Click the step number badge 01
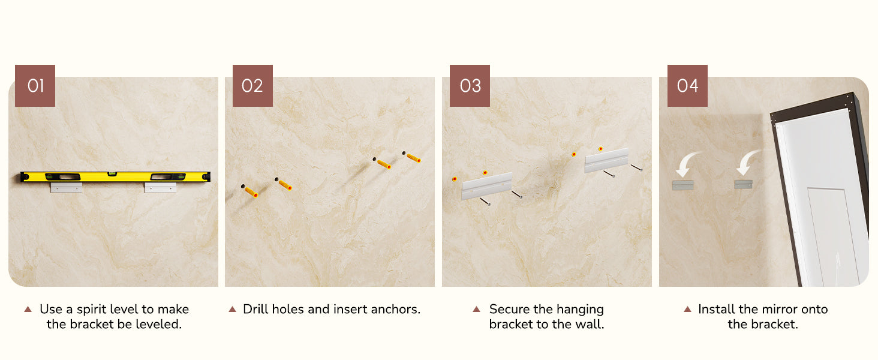pos(35,85)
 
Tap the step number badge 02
pos(252,85)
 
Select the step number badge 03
pos(470,85)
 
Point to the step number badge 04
pos(687,85)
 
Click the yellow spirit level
pos(115,177)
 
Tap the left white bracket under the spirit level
pos(66,187)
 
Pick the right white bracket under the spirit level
pos(160,187)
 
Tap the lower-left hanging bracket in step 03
pos(487,186)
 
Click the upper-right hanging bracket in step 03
pos(606,160)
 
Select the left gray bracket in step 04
pos(683,185)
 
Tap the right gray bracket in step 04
pos(743,184)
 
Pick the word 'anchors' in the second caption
pos(395,310)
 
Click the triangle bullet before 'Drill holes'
pos(233,309)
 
